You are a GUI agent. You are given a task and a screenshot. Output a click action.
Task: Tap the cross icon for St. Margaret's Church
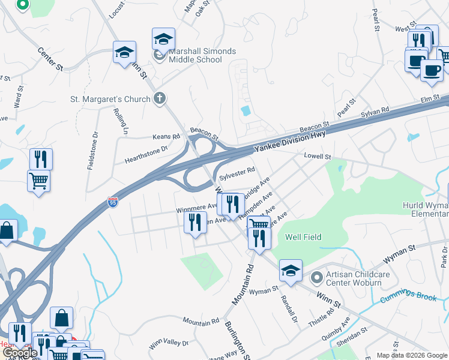(x=159, y=98)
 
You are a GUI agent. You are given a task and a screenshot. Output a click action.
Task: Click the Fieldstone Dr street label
(x=93, y=149)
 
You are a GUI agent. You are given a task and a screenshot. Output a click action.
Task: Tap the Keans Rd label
(x=166, y=137)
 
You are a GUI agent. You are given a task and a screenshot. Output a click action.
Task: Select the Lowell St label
(x=318, y=156)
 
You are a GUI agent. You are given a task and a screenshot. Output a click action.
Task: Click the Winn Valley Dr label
(x=169, y=344)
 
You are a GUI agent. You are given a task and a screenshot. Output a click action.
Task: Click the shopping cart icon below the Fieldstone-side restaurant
(x=39, y=181)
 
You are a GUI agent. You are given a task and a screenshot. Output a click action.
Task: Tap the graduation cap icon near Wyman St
(x=291, y=271)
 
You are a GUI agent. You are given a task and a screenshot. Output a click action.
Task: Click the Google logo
(x=20, y=353)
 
